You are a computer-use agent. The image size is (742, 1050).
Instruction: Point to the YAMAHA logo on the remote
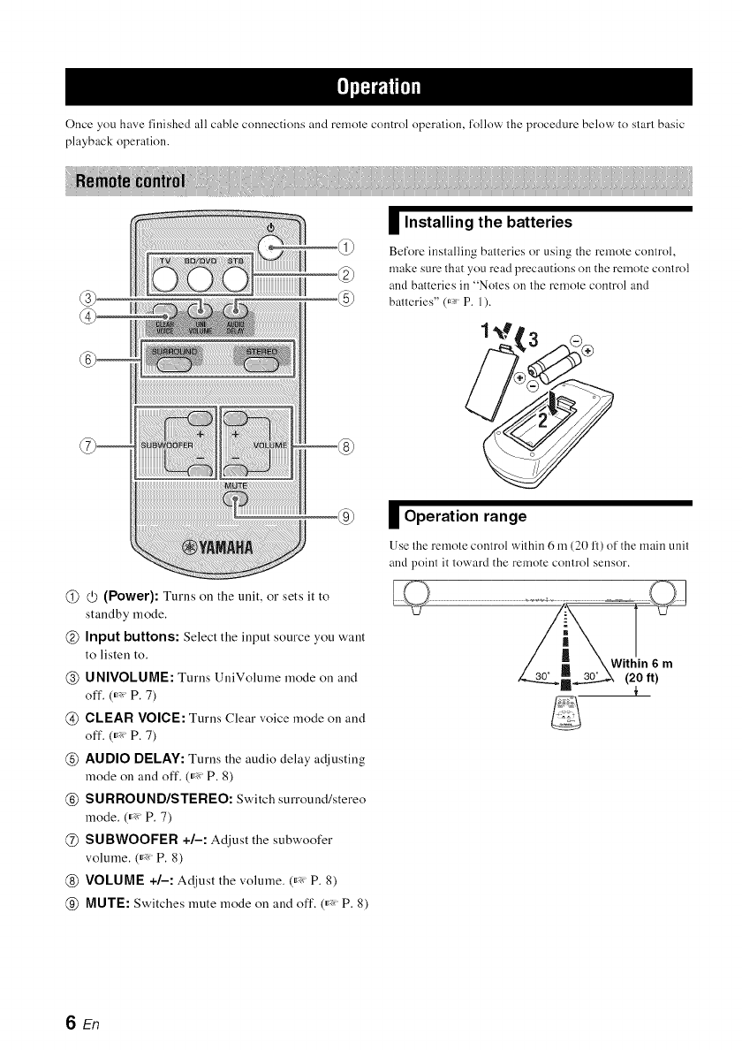coord(217,544)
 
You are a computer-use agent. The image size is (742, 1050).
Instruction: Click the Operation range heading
coord(464,516)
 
